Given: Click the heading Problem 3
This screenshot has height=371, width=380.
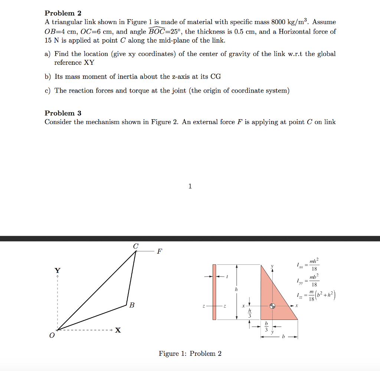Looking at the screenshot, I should click(x=63, y=113).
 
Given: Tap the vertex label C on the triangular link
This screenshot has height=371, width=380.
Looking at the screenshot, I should click(x=135, y=246).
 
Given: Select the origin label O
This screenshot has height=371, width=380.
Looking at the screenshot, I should click(x=52, y=335).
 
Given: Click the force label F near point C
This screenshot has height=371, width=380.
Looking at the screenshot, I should click(x=159, y=252).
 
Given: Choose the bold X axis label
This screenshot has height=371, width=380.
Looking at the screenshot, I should click(x=118, y=330).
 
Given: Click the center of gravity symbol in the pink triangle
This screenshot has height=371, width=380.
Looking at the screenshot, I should click(x=273, y=306).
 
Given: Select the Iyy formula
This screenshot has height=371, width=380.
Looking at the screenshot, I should click(x=307, y=280).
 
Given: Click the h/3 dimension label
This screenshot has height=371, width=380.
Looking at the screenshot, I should click(x=250, y=313).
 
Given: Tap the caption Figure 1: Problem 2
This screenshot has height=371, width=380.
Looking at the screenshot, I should click(x=190, y=353).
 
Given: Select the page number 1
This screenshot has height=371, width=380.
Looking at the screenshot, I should click(x=190, y=186).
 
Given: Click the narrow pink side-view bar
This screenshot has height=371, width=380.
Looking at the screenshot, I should click(x=214, y=292).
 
